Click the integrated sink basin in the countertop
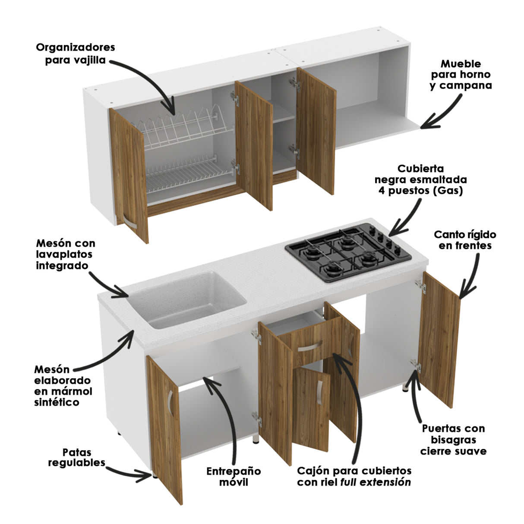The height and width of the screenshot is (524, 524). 187,299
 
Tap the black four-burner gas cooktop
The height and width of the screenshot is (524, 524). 348,253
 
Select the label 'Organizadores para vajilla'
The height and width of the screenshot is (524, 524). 76,54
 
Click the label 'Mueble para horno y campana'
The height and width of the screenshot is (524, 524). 461,75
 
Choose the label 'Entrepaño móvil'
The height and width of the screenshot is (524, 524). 234,476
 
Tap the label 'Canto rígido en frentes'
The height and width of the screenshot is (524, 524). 465,240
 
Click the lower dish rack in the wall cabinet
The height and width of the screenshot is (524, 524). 188,174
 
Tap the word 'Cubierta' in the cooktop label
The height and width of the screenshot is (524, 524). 420,169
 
